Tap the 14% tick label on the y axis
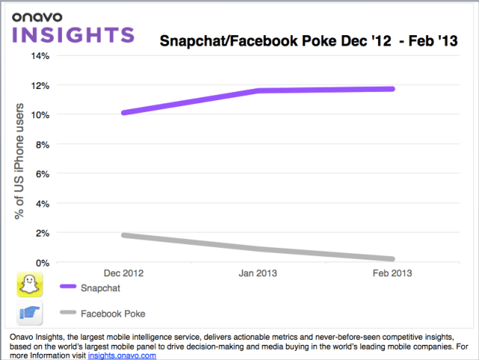point(39,55)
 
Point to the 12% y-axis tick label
point(39,85)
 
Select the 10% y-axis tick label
point(39,115)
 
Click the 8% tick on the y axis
point(41,144)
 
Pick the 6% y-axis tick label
point(41,174)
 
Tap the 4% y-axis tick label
point(41,203)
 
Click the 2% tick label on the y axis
point(41,233)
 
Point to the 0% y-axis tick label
point(41,262)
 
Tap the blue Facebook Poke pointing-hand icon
point(30,313)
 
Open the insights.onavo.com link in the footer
point(122,356)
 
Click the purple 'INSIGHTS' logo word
point(72,34)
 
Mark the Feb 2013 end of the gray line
point(392,258)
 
